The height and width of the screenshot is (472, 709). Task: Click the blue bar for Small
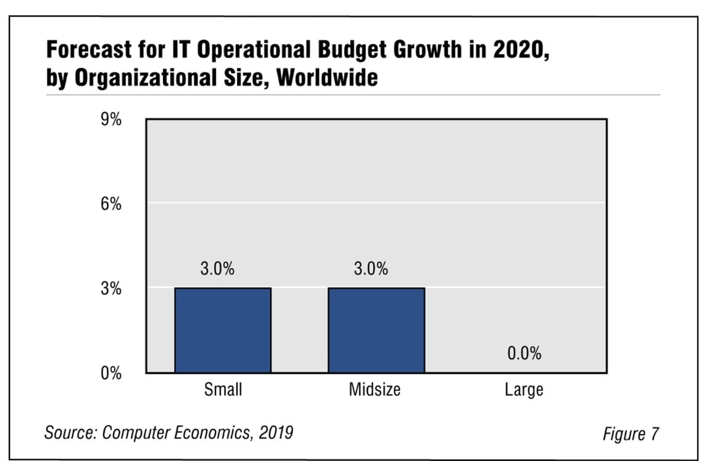click(x=223, y=330)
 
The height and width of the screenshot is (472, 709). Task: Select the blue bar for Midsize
click(x=376, y=330)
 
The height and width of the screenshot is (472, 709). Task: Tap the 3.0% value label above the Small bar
click(x=217, y=269)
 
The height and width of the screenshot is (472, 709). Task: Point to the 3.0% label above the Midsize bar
click(x=371, y=269)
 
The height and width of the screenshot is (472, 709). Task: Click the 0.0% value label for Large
click(x=524, y=353)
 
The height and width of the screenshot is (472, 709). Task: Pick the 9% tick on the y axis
click(x=111, y=119)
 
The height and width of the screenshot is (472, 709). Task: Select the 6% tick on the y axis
click(x=111, y=204)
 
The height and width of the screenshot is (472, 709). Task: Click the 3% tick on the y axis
click(x=111, y=289)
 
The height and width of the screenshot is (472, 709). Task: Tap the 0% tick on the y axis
click(x=111, y=373)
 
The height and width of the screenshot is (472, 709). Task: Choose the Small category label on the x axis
click(x=223, y=390)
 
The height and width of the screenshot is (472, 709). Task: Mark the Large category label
click(x=523, y=390)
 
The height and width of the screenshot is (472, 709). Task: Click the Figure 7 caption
click(x=630, y=434)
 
